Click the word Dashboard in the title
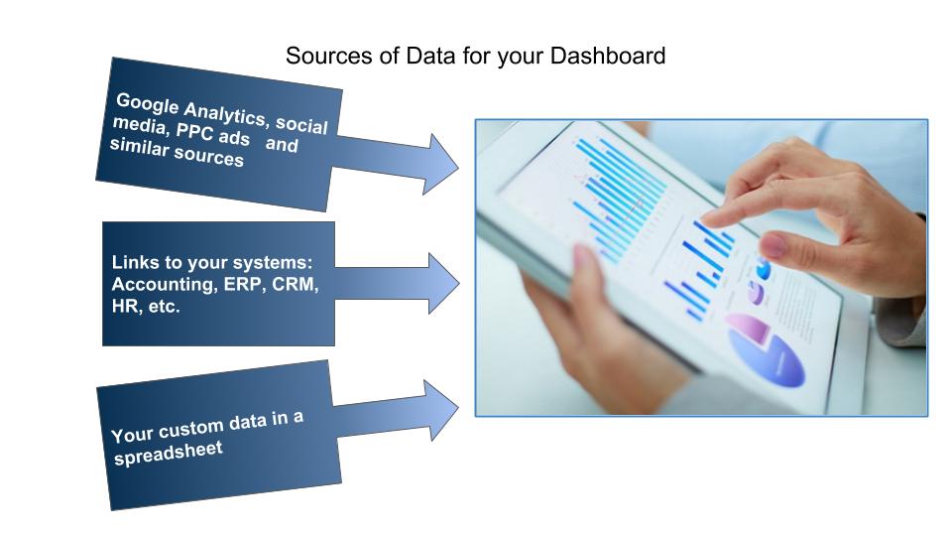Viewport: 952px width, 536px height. coord(608,56)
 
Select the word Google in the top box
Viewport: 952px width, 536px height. coord(148,104)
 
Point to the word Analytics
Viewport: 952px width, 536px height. coord(226,113)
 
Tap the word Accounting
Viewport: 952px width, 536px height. coord(165,285)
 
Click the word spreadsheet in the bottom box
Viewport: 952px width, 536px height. coord(169,454)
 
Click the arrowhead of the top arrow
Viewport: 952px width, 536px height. coord(440,164)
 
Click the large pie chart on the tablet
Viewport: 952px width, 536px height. coord(767,351)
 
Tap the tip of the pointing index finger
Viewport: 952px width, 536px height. coord(704,220)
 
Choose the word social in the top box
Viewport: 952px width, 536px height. coord(301,125)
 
